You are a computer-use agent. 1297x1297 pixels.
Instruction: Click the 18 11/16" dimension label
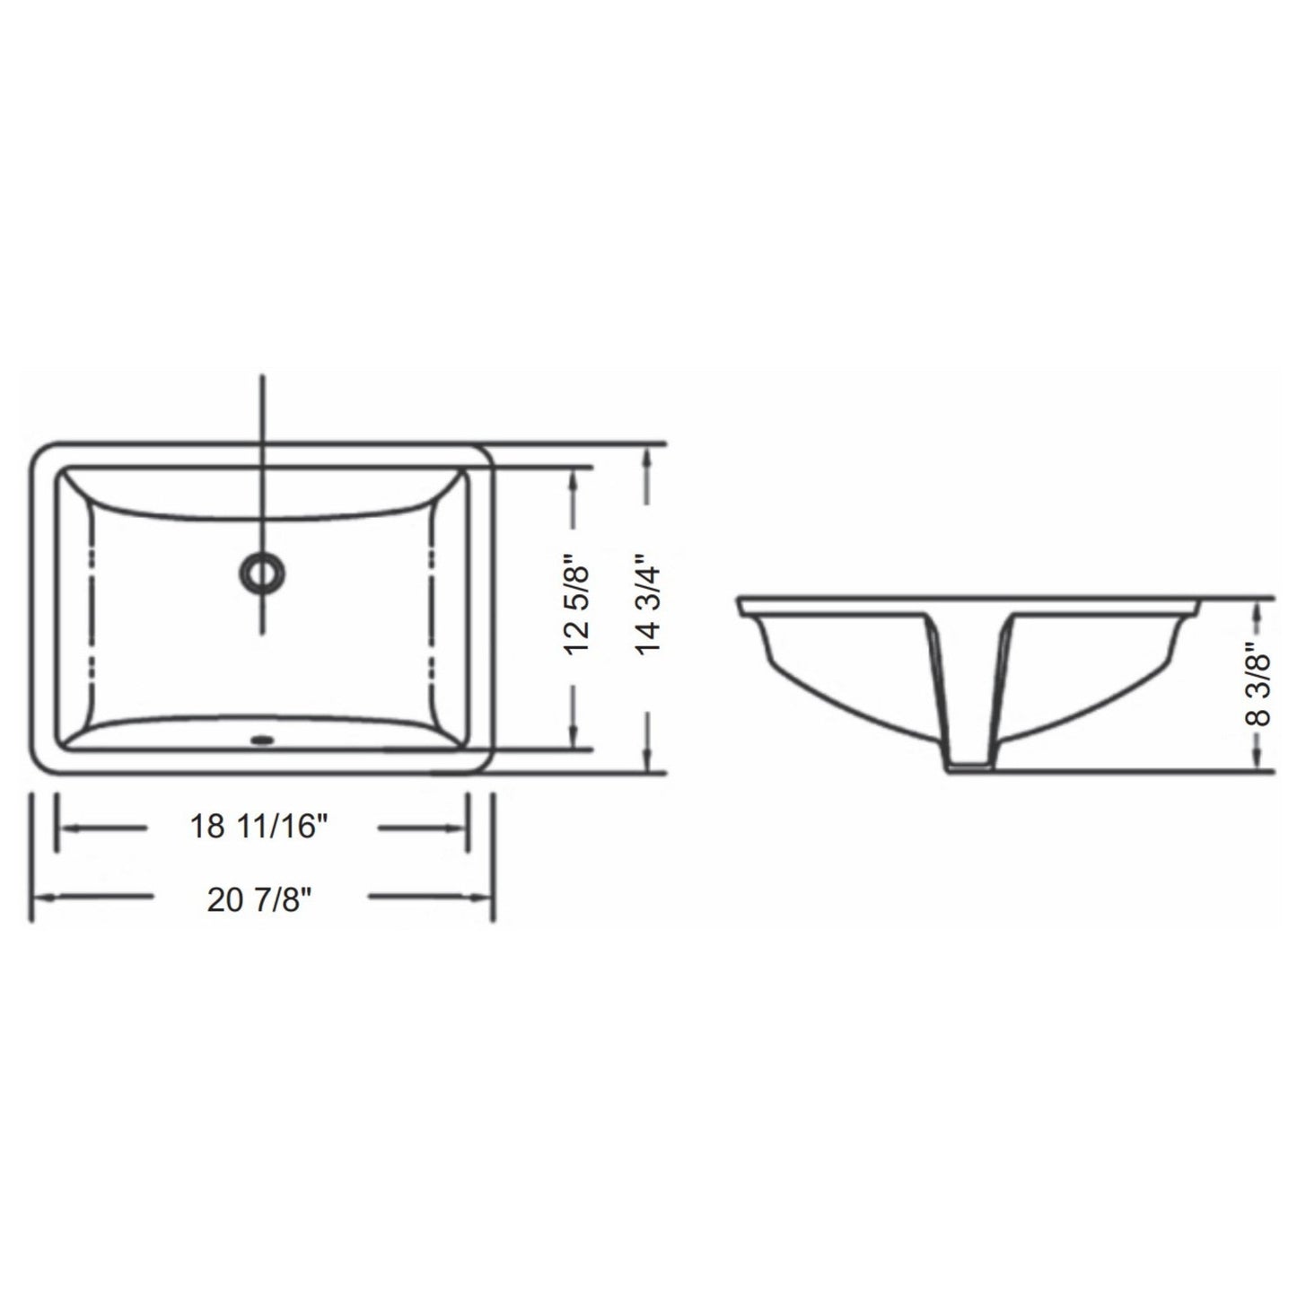254,827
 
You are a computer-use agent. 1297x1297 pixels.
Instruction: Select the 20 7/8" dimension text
259,898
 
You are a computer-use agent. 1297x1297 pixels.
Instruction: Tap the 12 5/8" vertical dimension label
578,609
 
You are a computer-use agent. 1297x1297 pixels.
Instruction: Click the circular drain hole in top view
262,572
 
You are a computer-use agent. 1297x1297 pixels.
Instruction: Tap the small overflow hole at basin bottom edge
262,741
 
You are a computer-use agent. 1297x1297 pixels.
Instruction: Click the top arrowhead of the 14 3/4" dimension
646,454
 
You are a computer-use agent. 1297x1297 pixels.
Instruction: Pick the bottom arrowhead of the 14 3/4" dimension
646,762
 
